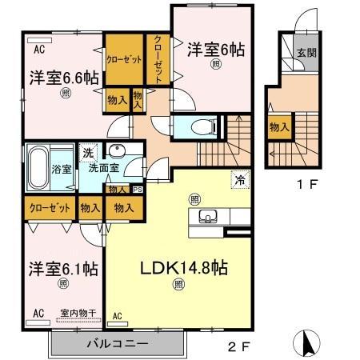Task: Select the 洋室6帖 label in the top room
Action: point(216,49)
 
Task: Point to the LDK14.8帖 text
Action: point(186,267)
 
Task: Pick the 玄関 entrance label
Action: point(306,53)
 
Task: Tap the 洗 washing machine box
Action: point(90,152)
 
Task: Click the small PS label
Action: point(137,189)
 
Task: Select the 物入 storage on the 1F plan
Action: point(278,127)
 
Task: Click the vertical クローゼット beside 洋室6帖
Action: point(157,60)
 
